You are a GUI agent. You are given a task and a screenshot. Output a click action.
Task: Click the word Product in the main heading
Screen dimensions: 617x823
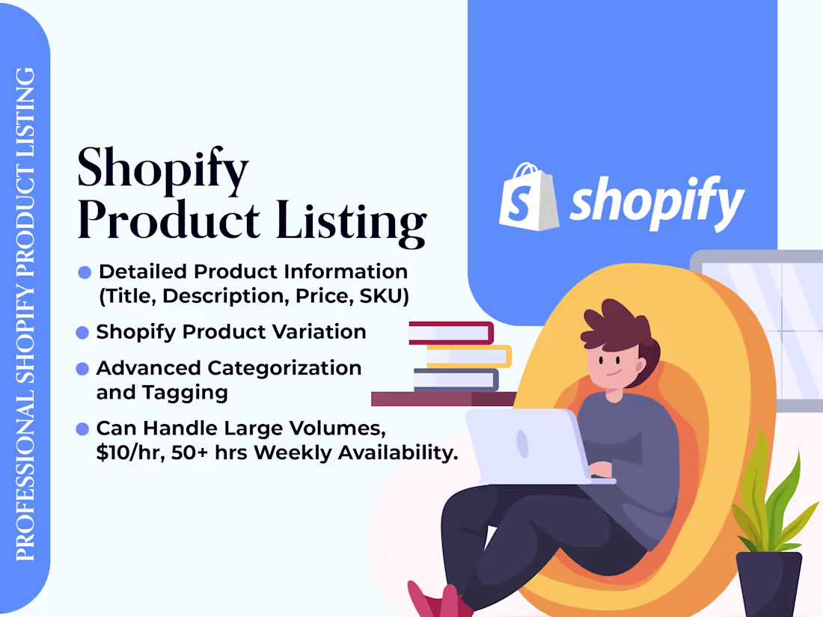[x=169, y=221]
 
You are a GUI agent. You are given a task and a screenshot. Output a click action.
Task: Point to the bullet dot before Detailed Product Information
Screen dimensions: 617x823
[x=85, y=273]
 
